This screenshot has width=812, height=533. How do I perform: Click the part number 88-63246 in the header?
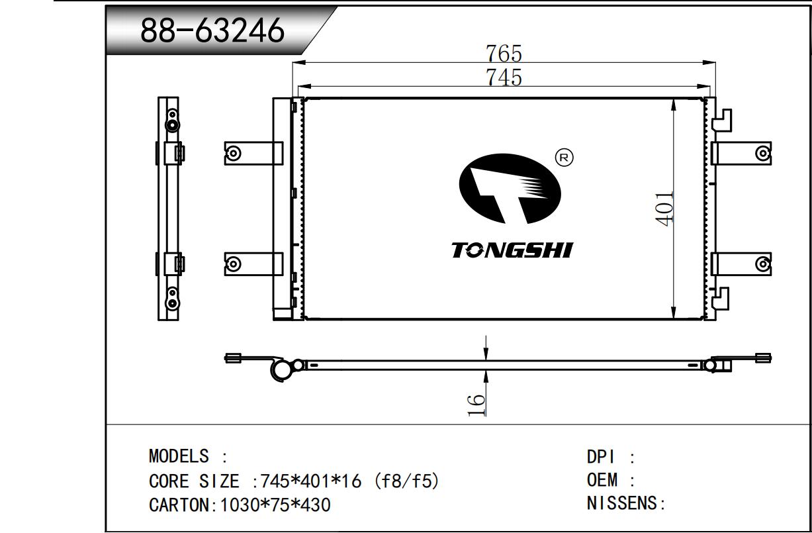click(212, 31)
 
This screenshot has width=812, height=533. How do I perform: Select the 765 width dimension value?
click(504, 53)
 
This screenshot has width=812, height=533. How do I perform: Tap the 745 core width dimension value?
click(504, 77)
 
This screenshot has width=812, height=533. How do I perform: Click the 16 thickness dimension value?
click(476, 405)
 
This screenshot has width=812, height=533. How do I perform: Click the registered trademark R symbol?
click(564, 158)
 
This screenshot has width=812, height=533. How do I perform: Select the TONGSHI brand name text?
click(512, 250)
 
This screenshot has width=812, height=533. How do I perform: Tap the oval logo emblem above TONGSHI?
click(510, 189)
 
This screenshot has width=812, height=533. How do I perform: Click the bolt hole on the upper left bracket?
click(234, 154)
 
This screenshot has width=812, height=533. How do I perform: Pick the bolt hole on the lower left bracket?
click(234, 264)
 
